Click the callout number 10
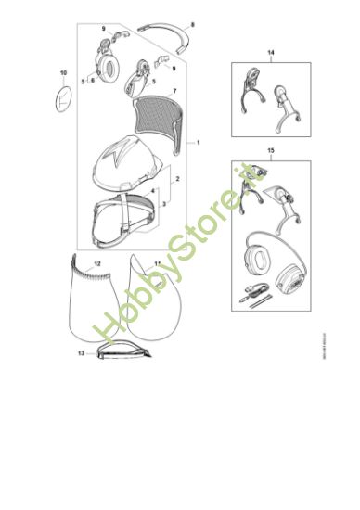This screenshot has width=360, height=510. click(64, 72)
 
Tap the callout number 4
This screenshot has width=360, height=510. click(153, 190)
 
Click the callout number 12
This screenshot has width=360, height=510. click(99, 264)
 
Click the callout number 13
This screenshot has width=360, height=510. click(80, 354)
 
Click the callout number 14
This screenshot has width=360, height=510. click(272, 53)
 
